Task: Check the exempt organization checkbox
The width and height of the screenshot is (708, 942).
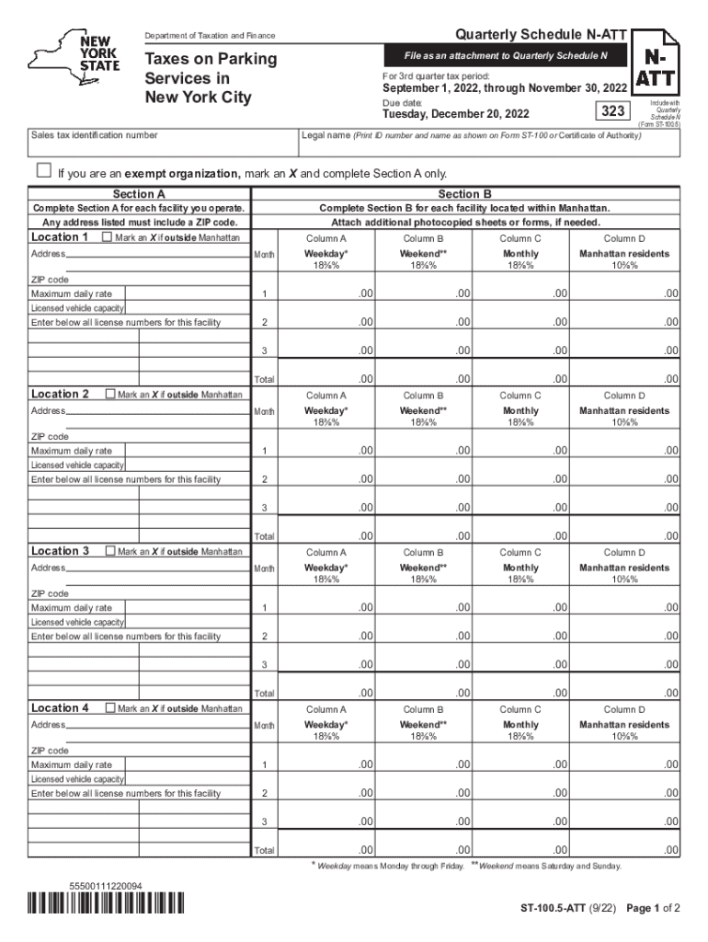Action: [43, 171]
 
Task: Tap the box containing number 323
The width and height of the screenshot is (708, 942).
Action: [611, 111]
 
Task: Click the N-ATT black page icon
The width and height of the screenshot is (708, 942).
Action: [656, 63]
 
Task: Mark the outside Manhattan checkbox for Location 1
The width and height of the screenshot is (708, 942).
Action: [107, 237]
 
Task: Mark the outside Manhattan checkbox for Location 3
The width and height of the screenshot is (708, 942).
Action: [107, 551]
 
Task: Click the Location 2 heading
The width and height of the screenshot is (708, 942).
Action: [61, 395]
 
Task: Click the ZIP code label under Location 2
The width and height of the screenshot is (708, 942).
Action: [51, 437]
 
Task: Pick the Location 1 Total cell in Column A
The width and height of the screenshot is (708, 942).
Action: [325, 378]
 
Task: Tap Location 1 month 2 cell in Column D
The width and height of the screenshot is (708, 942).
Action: [621, 322]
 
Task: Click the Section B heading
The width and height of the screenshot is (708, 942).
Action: [464, 194]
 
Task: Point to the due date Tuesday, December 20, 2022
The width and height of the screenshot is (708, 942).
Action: [456, 115]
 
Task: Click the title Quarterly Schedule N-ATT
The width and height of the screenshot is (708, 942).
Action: [542, 35]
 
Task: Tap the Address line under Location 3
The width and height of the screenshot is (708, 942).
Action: [156, 568]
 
